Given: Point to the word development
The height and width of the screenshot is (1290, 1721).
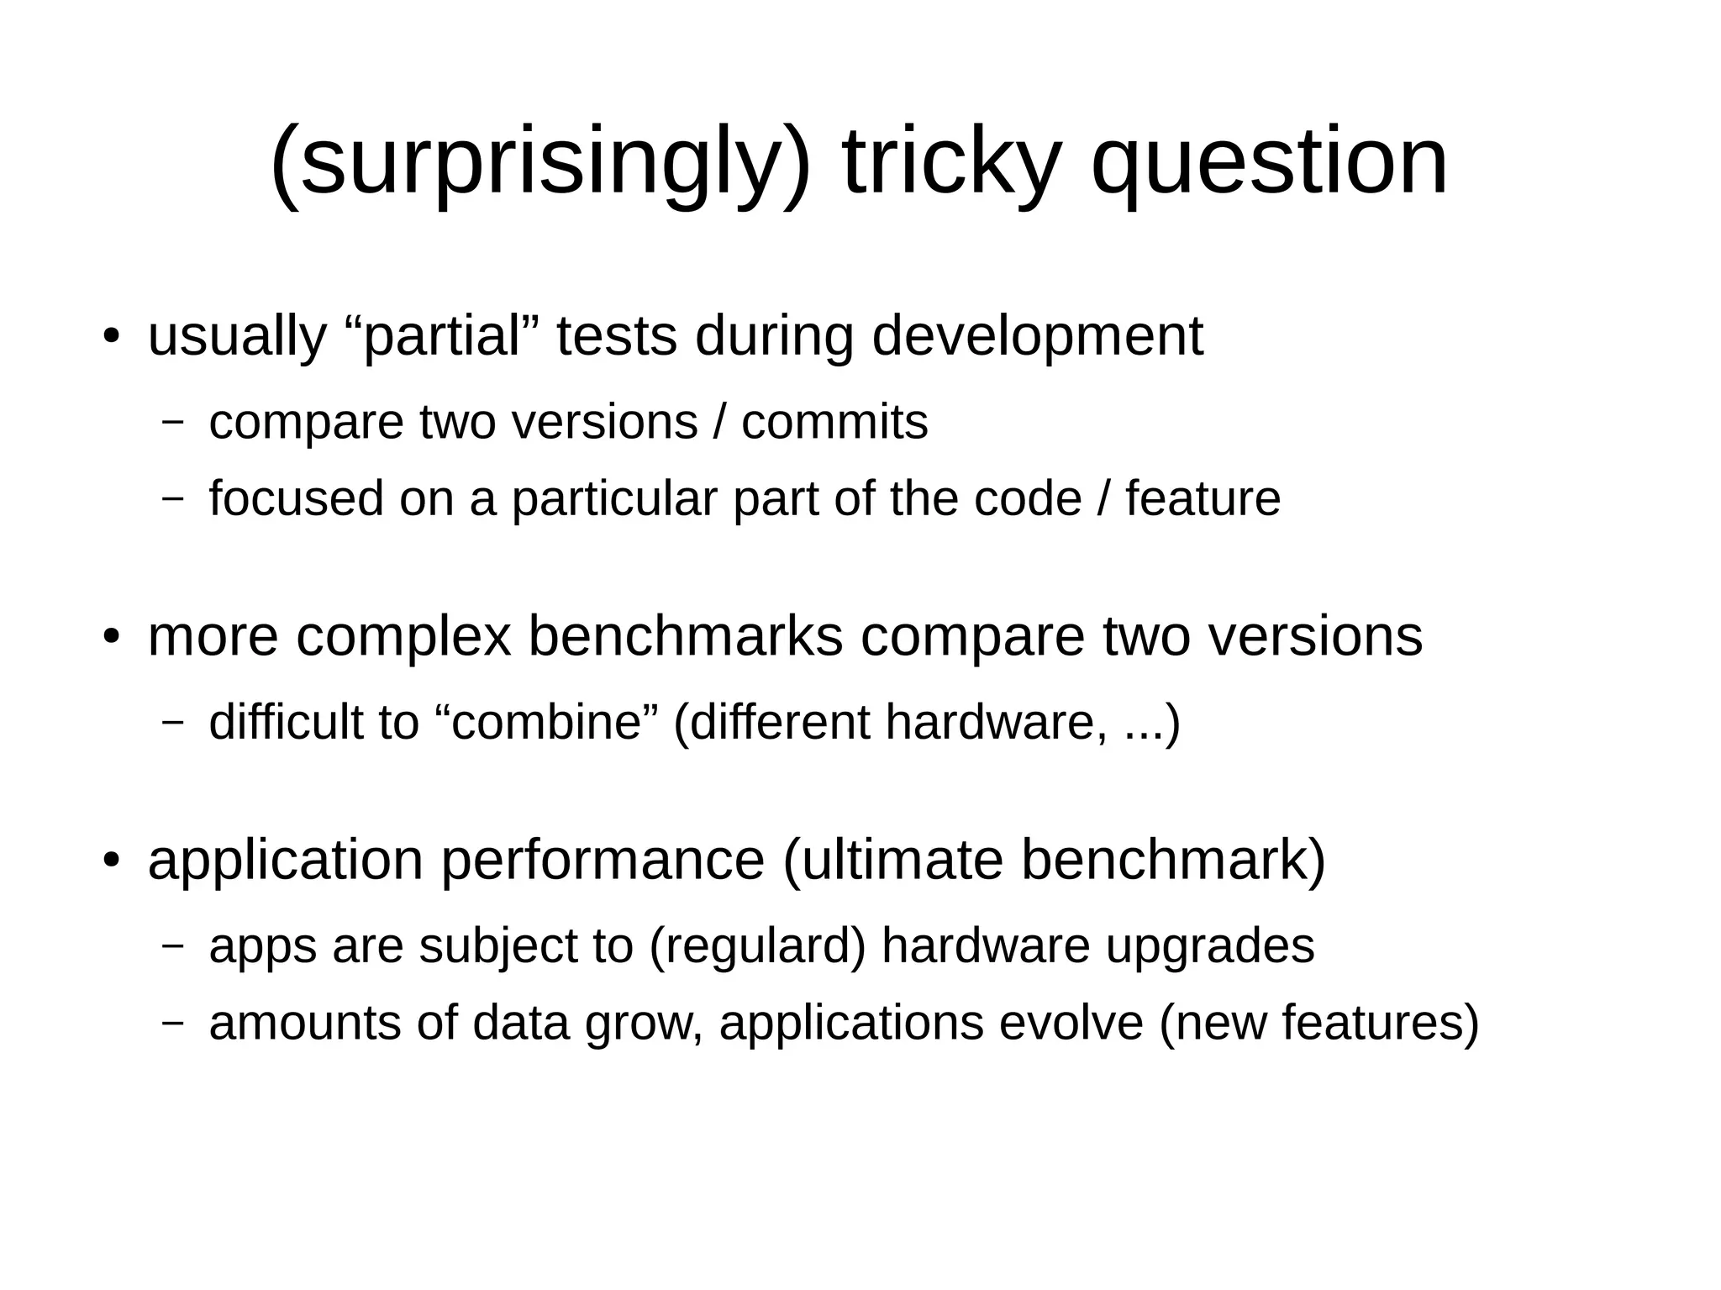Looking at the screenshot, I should coord(1037,336).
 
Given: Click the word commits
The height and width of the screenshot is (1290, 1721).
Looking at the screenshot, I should coord(834,422).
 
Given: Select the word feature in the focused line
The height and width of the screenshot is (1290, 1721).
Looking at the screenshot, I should coord(1203,498).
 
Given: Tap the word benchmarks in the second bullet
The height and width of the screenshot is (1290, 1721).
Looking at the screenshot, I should coord(685,636).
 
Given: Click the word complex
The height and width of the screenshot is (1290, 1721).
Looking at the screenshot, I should coord(403,636).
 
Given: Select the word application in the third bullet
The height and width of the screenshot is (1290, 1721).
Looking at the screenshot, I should coord(286,860).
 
